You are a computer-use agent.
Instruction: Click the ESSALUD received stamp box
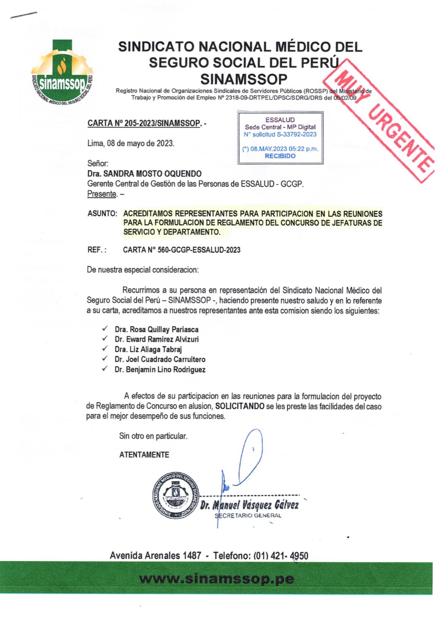(280, 137)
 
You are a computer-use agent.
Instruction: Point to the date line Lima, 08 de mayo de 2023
(131, 143)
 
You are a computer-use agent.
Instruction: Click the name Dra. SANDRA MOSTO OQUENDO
(144, 173)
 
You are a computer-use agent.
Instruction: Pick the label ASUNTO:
(102, 214)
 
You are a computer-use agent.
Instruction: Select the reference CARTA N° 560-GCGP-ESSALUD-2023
(182, 250)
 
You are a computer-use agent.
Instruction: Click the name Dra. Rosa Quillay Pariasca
(157, 329)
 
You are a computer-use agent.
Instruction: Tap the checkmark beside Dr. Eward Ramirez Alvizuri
(105, 338)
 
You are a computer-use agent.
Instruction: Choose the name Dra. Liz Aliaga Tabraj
(148, 349)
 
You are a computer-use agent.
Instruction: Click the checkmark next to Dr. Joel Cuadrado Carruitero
(105, 358)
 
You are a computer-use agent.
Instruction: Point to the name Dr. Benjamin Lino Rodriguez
(160, 370)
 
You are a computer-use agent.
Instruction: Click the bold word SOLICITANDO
(240, 406)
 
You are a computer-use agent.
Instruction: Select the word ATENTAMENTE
(144, 455)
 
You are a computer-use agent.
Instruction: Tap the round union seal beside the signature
(175, 496)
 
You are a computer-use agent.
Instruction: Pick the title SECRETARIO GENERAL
(248, 516)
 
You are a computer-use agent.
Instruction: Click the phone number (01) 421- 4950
(281, 555)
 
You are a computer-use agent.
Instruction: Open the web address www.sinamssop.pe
(216, 579)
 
